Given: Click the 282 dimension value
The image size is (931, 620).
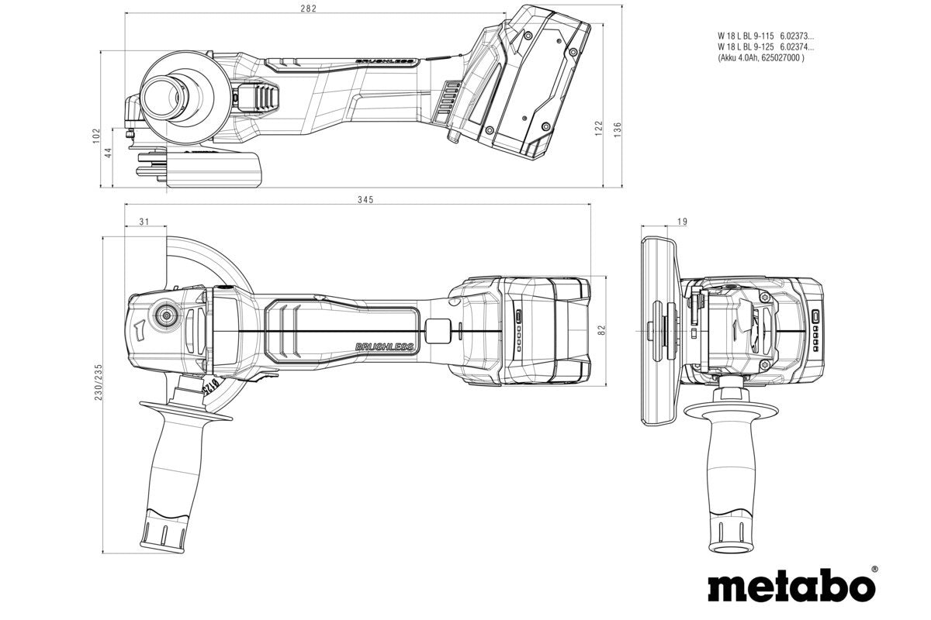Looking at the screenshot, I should (310, 9).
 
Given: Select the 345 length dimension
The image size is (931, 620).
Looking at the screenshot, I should (365, 199).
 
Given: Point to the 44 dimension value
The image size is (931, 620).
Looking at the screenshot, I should (109, 153).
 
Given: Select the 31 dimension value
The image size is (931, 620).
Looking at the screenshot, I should (144, 222).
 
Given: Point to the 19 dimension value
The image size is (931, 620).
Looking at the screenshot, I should (682, 222).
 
